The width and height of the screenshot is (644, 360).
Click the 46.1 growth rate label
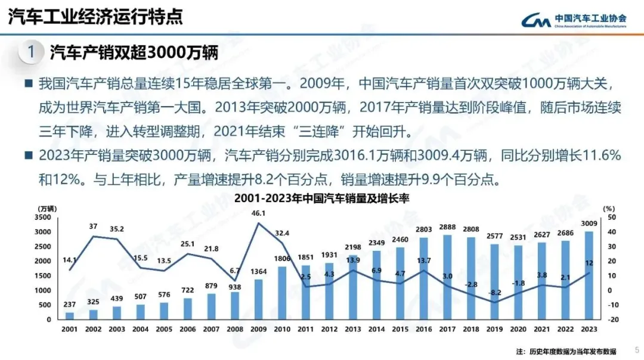click(258, 213)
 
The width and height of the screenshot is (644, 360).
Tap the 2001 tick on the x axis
click(69, 328)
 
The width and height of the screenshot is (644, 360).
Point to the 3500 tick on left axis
click(44, 218)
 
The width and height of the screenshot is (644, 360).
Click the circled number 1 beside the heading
click(31, 52)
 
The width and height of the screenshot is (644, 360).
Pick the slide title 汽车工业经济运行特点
click(95, 17)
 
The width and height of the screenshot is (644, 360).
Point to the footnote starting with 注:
click(566, 350)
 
